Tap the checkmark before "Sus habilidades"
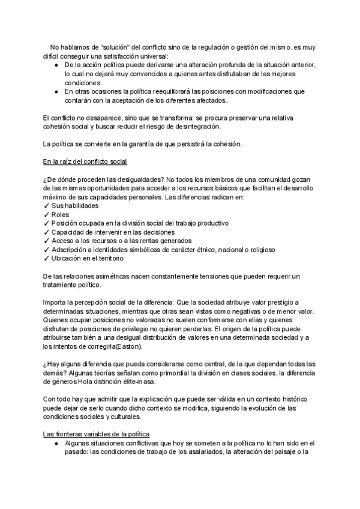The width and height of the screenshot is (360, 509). click(x=47, y=205)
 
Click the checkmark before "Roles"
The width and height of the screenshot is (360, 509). click(x=47, y=214)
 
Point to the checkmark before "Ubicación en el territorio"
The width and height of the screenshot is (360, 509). click(x=47, y=259)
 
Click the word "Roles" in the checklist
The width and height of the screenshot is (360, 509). click(x=61, y=214)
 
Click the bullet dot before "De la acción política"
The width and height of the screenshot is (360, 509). click(x=56, y=65)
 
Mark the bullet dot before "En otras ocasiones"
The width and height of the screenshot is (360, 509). click(x=56, y=91)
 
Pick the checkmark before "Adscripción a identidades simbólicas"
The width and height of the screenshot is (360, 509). click(x=47, y=250)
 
